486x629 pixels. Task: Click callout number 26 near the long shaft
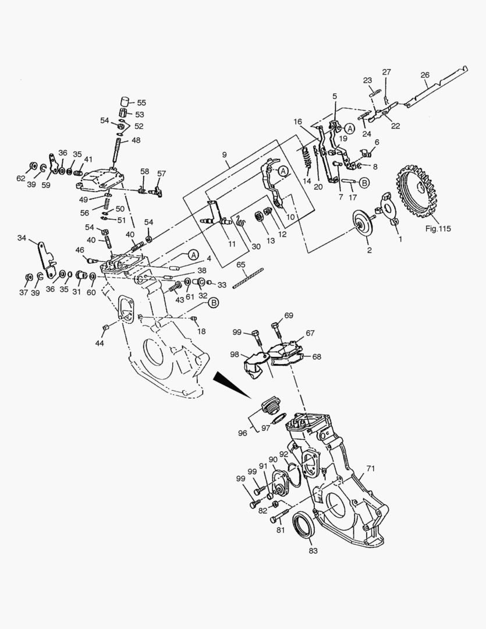coord(425,75)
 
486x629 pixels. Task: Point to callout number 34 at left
coord(23,238)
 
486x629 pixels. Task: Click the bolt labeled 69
coord(276,331)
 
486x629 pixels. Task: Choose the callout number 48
coord(135,140)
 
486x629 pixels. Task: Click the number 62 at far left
coord(21,178)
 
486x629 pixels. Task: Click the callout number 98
coord(235,354)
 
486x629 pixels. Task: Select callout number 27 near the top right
coord(386,72)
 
